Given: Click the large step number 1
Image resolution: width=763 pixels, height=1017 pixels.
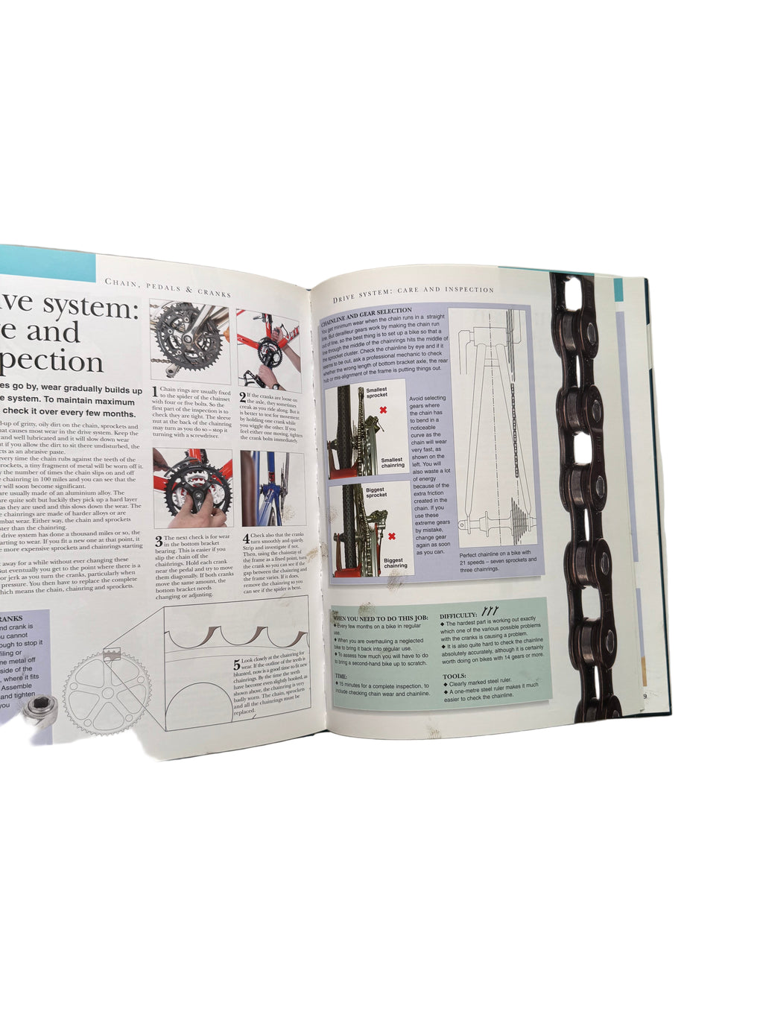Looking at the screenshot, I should tap(155, 390).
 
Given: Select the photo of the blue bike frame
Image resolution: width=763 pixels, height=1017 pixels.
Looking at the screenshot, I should tap(272, 489).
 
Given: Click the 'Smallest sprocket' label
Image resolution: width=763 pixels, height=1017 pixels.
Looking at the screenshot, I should tap(377, 393).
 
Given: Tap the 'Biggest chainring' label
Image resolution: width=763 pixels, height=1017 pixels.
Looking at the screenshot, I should tap(394, 563).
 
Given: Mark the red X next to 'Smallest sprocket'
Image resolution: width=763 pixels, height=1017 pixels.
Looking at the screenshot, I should tap(383, 411).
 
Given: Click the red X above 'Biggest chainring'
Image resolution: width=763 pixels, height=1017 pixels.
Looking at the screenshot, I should tap(391, 536).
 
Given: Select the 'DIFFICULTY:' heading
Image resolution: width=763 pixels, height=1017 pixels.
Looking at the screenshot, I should tap(458, 615).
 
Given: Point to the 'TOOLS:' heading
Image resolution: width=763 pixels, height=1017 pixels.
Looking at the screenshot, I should tap(455, 677).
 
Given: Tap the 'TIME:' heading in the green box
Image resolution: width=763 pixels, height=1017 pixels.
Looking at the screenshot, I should tap(341, 677).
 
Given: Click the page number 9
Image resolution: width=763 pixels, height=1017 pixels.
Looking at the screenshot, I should tap(644, 696).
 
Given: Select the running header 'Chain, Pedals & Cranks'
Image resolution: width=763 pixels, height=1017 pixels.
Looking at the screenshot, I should tap(168, 287).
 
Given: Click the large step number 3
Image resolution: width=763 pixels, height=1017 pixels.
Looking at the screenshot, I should tap(159, 541).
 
